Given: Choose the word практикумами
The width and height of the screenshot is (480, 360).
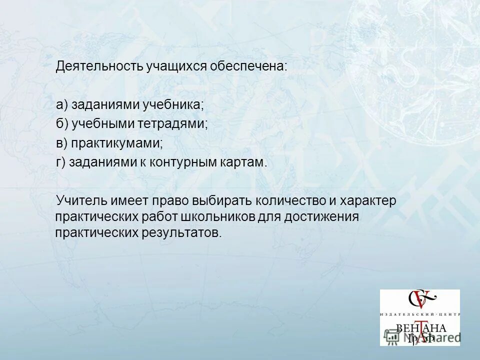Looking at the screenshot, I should click(x=116, y=143).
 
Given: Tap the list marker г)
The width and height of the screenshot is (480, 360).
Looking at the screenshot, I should click(x=61, y=162).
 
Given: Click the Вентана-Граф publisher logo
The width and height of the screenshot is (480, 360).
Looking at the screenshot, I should click(x=420, y=317).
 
